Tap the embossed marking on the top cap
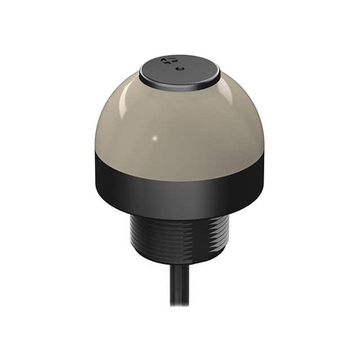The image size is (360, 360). tap(167, 61)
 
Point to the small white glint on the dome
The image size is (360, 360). tap(155, 138)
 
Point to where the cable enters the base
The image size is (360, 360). tap(179, 264)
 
